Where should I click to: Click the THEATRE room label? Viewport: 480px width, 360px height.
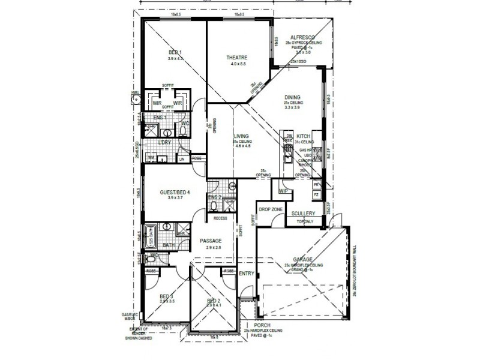point(236,58)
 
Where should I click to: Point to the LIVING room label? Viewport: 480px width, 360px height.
point(241,136)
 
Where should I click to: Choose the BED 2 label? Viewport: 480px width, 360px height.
point(214,300)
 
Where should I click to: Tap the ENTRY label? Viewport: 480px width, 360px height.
point(247,274)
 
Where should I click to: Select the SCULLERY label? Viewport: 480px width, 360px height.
point(303,214)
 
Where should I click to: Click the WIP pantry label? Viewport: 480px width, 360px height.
point(283,191)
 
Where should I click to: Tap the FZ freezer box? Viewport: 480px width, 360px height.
point(316,196)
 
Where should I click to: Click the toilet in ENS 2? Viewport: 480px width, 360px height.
point(215,205)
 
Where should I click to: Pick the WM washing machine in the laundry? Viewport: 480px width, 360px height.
point(151,158)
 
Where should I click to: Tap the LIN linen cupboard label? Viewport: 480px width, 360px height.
point(182,159)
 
